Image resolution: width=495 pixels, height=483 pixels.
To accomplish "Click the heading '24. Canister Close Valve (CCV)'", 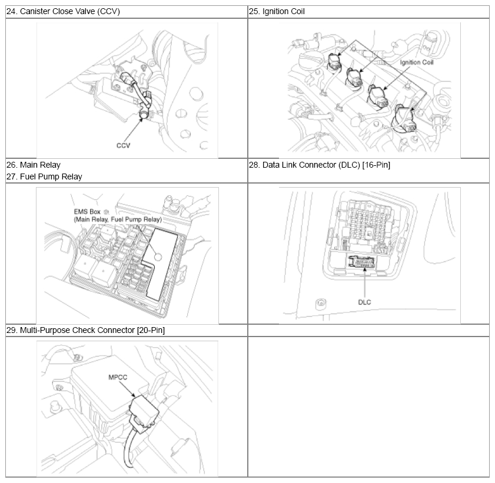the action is (x=63, y=11).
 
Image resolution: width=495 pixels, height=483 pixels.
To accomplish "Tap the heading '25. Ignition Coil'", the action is (x=277, y=11).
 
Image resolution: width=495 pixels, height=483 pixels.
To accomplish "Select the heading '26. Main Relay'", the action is (x=34, y=165).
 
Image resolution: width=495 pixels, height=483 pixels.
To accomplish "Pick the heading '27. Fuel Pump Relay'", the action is (x=44, y=176).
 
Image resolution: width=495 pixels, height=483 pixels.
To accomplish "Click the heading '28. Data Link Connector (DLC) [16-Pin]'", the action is (x=320, y=165).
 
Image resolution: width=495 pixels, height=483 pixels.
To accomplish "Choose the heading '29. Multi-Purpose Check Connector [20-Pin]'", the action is (x=85, y=330).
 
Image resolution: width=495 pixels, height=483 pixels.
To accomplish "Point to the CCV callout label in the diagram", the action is (x=123, y=145).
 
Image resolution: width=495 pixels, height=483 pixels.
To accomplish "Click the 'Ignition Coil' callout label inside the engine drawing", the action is (x=417, y=62).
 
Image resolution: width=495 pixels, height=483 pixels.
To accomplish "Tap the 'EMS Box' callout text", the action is (x=87, y=212).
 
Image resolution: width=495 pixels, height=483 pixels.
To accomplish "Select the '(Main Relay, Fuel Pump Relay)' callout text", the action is (x=118, y=219).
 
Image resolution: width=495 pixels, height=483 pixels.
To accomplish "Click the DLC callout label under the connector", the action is (x=364, y=302).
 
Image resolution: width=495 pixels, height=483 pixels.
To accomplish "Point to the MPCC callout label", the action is (x=118, y=377).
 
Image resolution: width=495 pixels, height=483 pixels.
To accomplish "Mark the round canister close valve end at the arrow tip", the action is (x=144, y=115).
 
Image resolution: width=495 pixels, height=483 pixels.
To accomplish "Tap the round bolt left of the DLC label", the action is (x=321, y=304).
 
